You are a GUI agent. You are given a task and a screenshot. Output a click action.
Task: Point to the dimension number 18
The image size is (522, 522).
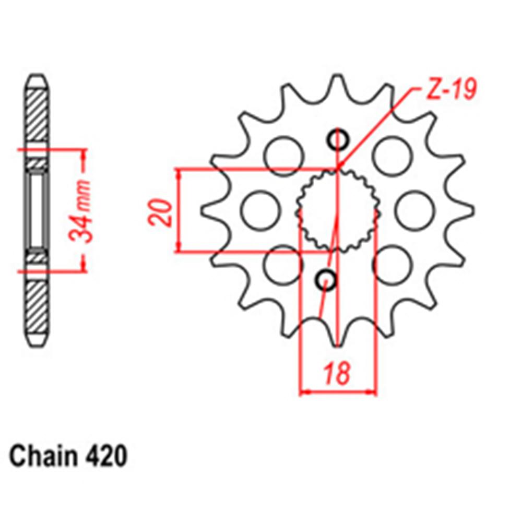pyautogui.click(x=337, y=374)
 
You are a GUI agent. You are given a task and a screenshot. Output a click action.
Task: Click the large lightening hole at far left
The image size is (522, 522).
pyautogui.click(x=260, y=210)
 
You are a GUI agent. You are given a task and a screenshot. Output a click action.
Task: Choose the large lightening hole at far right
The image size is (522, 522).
pyautogui.click(x=415, y=210)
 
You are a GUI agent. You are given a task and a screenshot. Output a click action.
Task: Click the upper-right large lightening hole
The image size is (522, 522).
pyautogui.click(x=392, y=155)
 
